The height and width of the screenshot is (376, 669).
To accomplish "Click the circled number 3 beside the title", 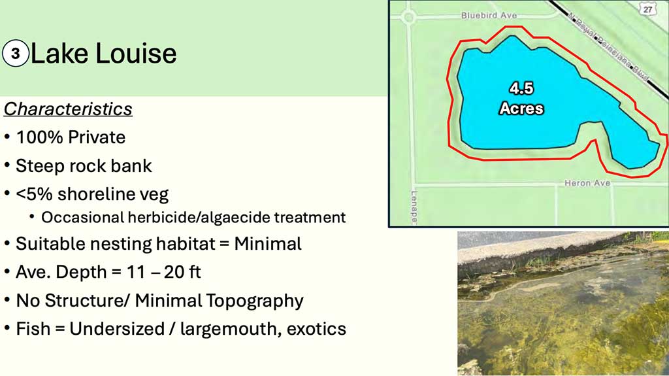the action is pos(16,54).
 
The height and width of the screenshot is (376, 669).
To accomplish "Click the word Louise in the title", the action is pos(136,54).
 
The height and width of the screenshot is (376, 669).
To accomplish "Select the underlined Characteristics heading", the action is pos(68,109).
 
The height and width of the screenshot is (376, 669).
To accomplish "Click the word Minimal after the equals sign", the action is pos(268,244).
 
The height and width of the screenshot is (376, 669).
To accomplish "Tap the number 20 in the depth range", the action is pos(174,272).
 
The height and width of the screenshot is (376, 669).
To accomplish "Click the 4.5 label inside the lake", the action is pos(521,88).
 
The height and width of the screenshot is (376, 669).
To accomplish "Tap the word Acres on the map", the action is pos(521,109).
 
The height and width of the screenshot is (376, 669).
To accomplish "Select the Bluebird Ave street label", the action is pos(489,16).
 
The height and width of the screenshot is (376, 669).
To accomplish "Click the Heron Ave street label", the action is pos(587,183).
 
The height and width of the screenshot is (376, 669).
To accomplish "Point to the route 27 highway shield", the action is pos(648,9).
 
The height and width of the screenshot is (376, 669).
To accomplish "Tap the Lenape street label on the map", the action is pos(414,207).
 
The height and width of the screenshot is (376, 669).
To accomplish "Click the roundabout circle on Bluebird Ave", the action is pos(409,18).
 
